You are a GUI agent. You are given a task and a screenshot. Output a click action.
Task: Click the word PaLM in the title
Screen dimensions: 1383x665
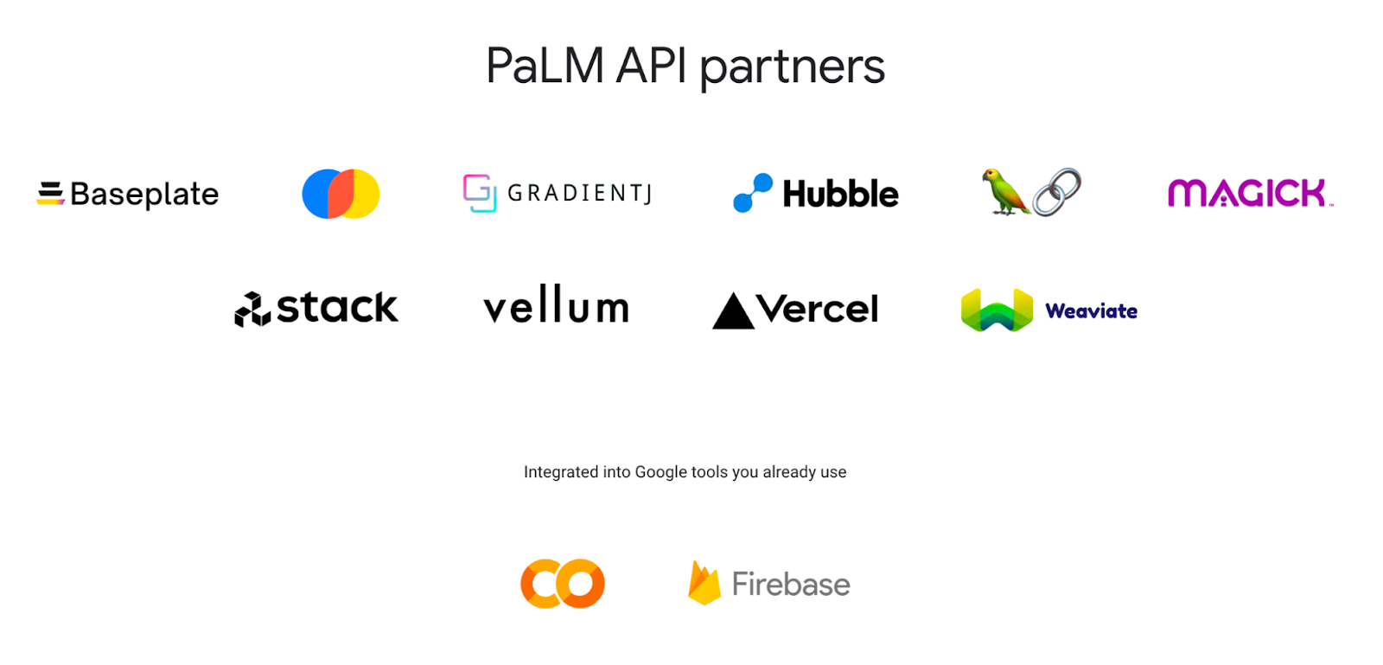coord(545,66)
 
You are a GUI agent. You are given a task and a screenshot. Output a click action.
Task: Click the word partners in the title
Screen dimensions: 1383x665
coord(792,67)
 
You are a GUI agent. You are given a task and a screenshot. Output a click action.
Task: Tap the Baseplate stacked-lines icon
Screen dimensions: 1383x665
coord(50,193)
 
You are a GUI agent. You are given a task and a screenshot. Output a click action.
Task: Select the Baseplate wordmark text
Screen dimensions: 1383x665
coord(144,195)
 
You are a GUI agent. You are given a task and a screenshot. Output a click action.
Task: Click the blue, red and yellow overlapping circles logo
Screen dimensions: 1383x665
coord(341,194)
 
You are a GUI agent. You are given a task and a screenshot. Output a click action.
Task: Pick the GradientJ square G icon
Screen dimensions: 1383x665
coord(479,193)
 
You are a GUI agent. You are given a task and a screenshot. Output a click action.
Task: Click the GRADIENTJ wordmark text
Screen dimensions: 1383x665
coord(579,193)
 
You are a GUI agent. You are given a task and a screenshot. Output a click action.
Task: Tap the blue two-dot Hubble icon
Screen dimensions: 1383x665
coord(752,193)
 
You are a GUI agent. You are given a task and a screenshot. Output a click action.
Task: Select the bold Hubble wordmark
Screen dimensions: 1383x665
coord(840,194)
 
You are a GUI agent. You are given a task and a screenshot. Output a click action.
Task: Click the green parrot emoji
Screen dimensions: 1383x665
coord(1004,191)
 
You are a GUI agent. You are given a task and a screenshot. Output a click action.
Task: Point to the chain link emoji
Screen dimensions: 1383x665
coord(1057,192)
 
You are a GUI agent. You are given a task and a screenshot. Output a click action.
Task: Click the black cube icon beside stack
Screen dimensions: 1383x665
coord(252,310)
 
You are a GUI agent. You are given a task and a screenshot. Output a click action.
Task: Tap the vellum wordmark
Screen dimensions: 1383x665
coord(556,305)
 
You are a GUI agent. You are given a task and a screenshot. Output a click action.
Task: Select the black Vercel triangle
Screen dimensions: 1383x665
coord(733,311)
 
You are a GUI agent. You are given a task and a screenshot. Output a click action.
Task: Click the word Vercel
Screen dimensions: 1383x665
coord(818,309)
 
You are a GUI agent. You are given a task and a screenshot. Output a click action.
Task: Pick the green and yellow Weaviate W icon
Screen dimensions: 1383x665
coord(997,310)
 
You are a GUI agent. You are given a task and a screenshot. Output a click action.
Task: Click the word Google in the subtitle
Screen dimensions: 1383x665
coord(660,472)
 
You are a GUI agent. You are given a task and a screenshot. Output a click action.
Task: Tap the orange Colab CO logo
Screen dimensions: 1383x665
coord(562,584)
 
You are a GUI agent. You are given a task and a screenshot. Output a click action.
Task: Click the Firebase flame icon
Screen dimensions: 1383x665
coord(704,584)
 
